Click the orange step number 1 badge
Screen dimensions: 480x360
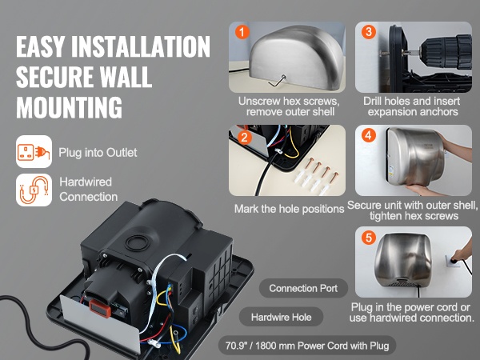point(242,32)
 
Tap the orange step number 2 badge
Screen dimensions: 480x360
point(244,138)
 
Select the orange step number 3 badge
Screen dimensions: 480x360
point(369,32)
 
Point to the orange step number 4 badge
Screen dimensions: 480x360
point(369,135)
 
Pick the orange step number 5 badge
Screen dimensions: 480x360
point(369,238)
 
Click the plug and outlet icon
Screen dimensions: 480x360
point(34,151)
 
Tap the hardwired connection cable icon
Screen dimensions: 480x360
point(34,190)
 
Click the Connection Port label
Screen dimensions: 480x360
point(303,288)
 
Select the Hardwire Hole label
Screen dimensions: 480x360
point(281,317)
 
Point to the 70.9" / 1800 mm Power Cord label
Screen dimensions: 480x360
point(307,346)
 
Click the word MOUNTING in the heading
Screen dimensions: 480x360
point(69,107)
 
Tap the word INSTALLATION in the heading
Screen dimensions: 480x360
point(141,46)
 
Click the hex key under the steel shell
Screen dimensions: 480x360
point(278,81)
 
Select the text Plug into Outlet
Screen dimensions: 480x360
point(98,153)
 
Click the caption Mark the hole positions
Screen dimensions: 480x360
point(290,209)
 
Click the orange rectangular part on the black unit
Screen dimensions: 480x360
point(100,308)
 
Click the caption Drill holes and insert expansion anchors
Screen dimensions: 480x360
point(412,106)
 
